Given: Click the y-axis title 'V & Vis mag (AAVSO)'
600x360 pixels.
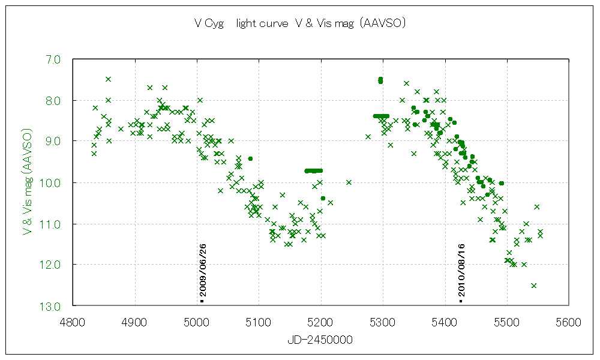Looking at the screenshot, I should [27, 179].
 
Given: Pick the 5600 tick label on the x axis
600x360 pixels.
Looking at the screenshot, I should [569, 322].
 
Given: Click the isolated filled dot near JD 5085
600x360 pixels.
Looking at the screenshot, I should [250, 158].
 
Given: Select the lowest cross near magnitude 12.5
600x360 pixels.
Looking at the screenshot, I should [533, 285].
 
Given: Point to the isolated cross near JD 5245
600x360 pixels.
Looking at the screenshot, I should [349, 182].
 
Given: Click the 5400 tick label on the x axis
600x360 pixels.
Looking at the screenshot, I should [445, 322].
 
